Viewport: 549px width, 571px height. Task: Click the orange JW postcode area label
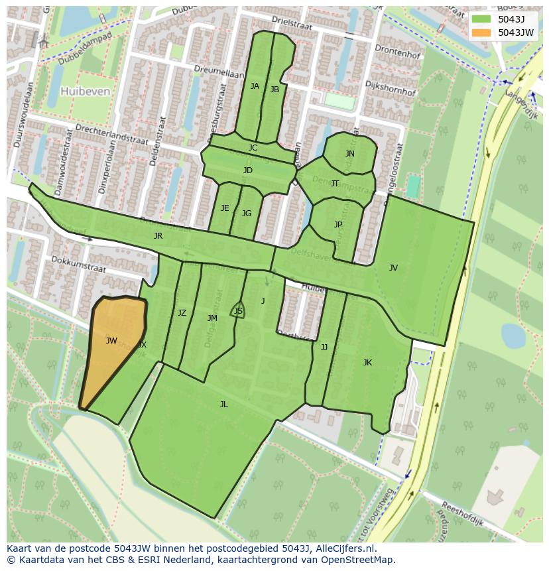111,341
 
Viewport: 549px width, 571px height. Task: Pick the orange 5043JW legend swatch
481,32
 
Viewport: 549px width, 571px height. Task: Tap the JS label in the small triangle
238,311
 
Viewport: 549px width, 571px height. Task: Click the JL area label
224,404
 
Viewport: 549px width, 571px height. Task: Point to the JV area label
393,268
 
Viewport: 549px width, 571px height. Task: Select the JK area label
367,363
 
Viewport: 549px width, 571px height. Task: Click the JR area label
158,236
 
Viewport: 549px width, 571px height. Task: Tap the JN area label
350,154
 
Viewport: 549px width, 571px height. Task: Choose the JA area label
255,86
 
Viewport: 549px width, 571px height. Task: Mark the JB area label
274,90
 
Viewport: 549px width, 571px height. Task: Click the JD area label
248,170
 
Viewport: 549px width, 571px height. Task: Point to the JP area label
338,225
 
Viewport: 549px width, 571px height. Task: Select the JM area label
212,318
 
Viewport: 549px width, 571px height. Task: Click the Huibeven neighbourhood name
85,92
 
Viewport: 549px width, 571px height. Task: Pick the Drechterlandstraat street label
101,127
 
